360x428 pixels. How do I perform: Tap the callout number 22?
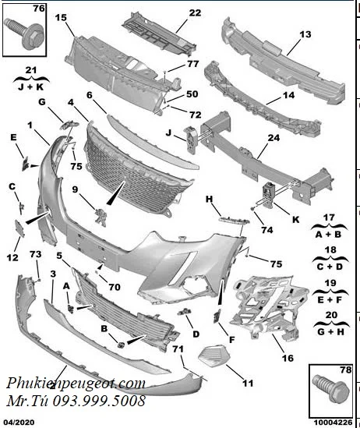195,12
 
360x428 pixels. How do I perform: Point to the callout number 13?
305,34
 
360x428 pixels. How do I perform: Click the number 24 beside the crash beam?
274,138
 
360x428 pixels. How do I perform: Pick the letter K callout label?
295,220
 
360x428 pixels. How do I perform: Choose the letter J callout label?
169,133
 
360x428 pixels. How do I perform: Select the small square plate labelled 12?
19,228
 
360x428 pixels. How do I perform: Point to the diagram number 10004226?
331,423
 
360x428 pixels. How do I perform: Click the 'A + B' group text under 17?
328,235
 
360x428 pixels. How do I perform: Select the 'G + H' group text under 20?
330,332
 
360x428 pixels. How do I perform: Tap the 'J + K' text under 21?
31,87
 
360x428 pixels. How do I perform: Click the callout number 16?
288,358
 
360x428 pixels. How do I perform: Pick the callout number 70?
115,287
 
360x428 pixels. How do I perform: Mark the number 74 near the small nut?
267,230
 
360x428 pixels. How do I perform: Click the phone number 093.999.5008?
99,401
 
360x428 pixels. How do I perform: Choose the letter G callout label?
42,102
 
